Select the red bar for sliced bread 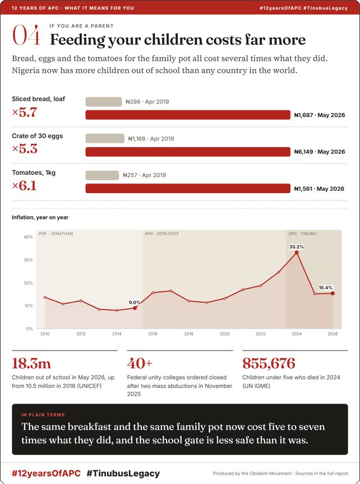[188, 115]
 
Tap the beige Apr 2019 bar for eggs [105, 138]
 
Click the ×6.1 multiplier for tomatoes [24, 186]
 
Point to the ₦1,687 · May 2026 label [319, 115]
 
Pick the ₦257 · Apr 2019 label [145, 176]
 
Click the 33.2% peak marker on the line [296, 253]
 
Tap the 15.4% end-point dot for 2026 [332, 293]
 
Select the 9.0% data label [134, 303]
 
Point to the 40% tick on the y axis [28, 237]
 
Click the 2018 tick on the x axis [189, 334]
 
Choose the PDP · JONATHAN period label [56, 234]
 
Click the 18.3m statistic [31, 364]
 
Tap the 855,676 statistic [269, 364]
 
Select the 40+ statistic [139, 364]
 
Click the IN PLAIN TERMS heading [43, 415]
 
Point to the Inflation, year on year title [40, 217]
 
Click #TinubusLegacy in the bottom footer [123, 473]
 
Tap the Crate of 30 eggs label [37, 136]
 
